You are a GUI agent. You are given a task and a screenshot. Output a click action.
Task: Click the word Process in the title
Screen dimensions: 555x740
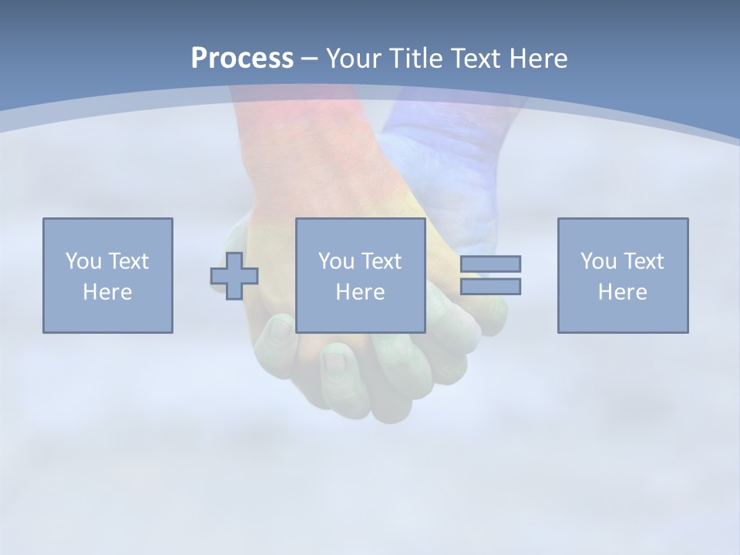pyautogui.click(x=242, y=59)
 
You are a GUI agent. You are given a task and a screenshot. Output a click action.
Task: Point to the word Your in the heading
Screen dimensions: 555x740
pyautogui.click(x=353, y=59)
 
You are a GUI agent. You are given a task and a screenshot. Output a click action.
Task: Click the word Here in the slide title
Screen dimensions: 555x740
pyautogui.click(x=539, y=59)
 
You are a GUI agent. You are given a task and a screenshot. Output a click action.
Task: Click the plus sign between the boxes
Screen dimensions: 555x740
pyautogui.click(x=234, y=275)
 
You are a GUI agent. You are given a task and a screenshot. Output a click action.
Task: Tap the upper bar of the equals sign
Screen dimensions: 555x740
pyautogui.click(x=490, y=264)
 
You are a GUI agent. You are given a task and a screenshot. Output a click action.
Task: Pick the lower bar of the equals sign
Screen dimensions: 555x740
pyautogui.click(x=490, y=286)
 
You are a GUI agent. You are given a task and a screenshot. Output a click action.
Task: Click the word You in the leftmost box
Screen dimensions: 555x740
pyautogui.click(x=83, y=261)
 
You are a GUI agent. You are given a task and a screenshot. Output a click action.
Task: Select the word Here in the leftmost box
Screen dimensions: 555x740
pyautogui.click(x=107, y=292)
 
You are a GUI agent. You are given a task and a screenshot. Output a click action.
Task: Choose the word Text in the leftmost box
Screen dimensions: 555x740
pyautogui.click(x=128, y=261)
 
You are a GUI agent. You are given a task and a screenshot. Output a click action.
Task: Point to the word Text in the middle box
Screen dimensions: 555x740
pyautogui.click(x=381, y=261)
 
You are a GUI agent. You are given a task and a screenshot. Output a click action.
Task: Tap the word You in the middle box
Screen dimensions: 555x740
pyautogui.click(x=336, y=261)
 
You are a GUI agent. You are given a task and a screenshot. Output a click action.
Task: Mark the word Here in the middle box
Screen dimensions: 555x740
pyautogui.click(x=360, y=292)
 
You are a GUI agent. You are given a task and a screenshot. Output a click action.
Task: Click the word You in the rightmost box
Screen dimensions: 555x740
pyautogui.click(x=598, y=261)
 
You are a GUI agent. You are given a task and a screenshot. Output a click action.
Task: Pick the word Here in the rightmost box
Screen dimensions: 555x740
pyautogui.click(x=622, y=292)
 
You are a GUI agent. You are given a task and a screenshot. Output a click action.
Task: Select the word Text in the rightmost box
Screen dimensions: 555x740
pyautogui.click(x=643, y=261)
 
